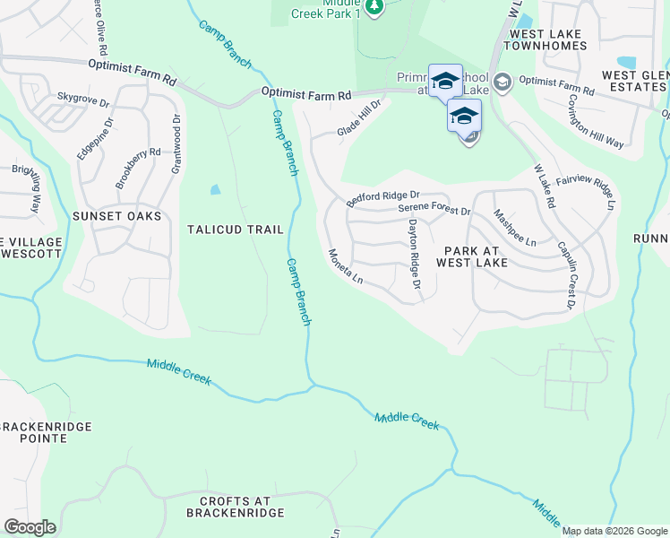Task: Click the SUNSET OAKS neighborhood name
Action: tap(124, 216)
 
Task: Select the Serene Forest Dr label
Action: tap(434, 211)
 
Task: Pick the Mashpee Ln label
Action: tap(515, 229)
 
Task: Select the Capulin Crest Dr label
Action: tap(566, 275)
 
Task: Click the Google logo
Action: tap(30, 527)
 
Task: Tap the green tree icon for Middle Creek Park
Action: tap(374, 7)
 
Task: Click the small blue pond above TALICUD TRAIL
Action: tap(215, 189)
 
